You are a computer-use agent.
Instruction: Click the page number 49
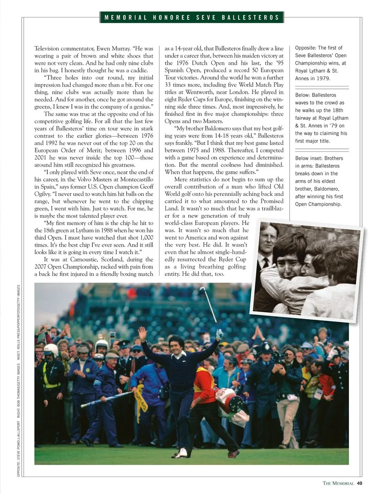coord(359,483)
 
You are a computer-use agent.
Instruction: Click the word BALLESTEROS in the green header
coord(250,17)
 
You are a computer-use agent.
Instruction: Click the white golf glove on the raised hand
coord(220,334)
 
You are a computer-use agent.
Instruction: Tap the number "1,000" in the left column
coord(146,238)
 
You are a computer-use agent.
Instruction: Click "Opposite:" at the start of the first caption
coord(305,48)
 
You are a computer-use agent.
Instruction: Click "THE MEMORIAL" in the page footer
coord(338,483)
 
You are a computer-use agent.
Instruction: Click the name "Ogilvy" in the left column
coord(43,194)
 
